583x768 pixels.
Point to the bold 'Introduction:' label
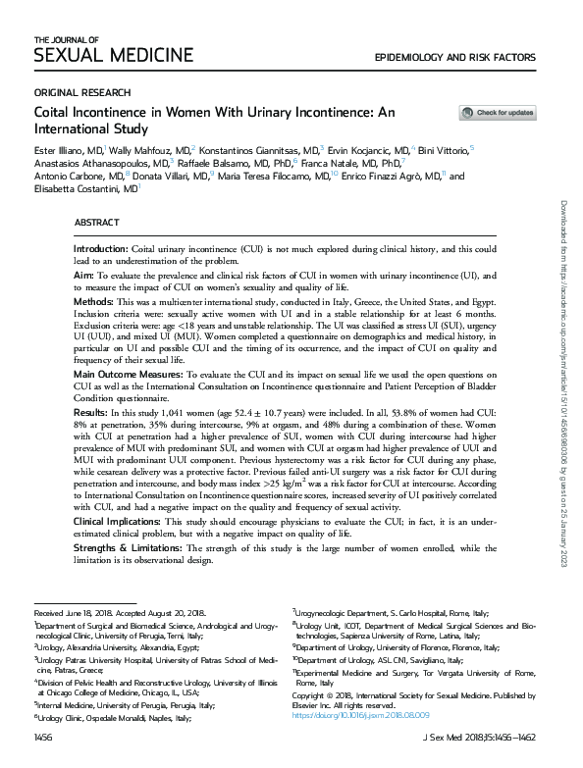point(100,251)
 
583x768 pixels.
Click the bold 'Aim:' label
point(85,279)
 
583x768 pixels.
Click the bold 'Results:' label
point(93,414)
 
